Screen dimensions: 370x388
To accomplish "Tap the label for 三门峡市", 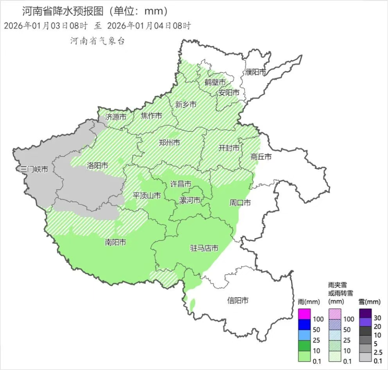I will point(34,169).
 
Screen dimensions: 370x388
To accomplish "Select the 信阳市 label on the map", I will point(238,300).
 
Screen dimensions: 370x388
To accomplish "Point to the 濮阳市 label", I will point(255,72).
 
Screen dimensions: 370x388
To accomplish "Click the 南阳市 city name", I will point(115,242).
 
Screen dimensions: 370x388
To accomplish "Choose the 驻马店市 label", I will point(204,248).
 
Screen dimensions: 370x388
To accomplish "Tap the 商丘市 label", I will point(261,156).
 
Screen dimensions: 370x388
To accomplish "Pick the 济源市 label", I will point(116,117).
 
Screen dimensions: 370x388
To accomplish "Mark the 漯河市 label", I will point(190,200).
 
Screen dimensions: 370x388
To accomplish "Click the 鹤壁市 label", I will point(215,82).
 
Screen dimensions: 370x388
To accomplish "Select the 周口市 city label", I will point(240,203).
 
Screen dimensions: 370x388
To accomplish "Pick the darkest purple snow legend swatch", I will point(365,313).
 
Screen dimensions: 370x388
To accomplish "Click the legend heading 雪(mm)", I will point(369,302).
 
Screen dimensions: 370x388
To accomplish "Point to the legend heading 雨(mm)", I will point(309,302).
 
